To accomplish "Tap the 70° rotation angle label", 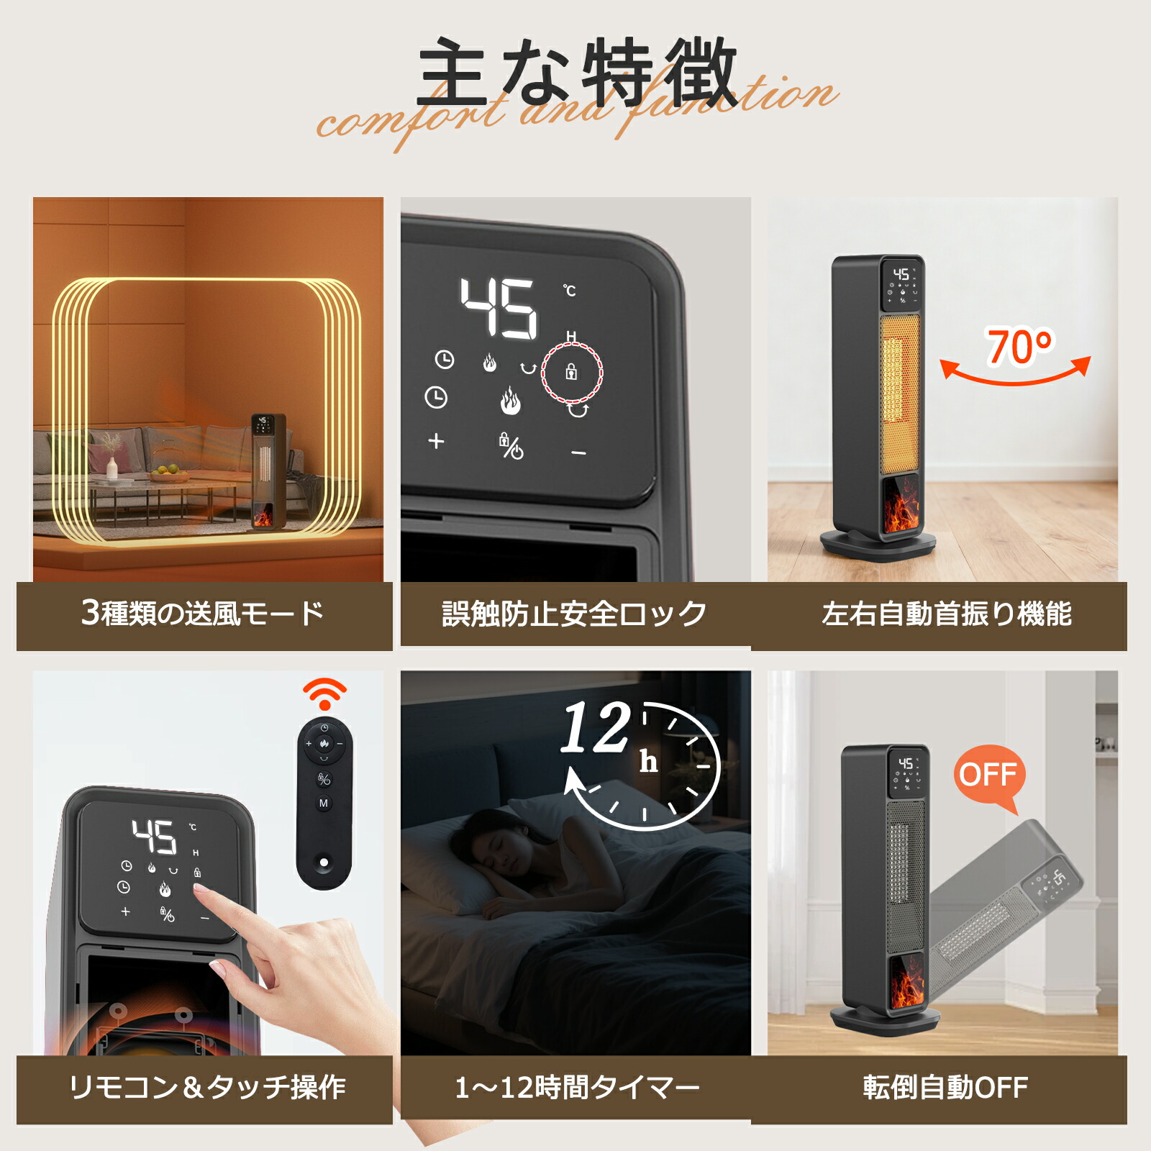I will (1019, 347).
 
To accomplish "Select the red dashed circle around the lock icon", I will (572, 372).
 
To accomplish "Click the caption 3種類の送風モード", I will (203, 614).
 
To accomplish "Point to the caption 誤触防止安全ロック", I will (574, 614).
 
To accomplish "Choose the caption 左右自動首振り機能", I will (946, 614).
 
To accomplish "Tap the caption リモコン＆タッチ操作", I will (207, 1087).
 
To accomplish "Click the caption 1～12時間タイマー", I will (577, 1087).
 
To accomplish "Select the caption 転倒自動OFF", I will (945, 1087).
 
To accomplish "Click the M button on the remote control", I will (324, 803).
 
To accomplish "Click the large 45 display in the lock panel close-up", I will (499, 309).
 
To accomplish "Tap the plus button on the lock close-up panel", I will (436, 441).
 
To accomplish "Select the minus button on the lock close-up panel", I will (578, 453).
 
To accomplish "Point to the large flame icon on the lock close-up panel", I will (510, 401).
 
